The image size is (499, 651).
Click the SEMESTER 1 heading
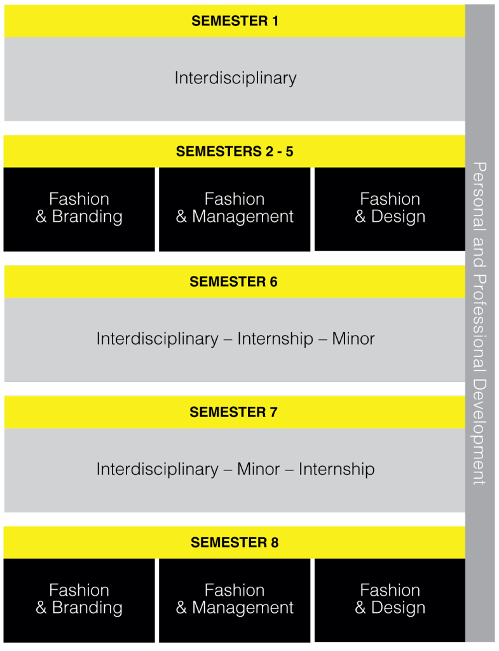click(x=235, y=21)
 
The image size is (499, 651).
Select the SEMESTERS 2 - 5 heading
click(x=235, y=151)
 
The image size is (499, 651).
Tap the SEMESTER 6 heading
click(x=233, y=282)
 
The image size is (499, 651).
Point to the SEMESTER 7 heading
click(x=233, y=412)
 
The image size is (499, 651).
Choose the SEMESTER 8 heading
click(x=235, y=542)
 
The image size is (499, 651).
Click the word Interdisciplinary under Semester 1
click(x=235, y=78)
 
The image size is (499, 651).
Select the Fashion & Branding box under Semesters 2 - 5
click(x=79, y=209)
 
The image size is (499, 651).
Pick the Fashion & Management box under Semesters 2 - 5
click(x=235, y=209)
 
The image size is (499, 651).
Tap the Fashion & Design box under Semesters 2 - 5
click(x=390, y=209)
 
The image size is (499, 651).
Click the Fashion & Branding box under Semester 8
click(x=79, y=600)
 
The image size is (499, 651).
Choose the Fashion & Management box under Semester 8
click(x=235, y=600)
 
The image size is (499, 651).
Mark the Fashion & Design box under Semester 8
click(x=390, y=600)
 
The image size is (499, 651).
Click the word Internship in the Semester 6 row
click(x=275, y=339)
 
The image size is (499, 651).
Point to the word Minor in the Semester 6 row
click(x=353, y=339)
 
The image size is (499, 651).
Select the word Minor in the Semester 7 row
click(x=258, y=469)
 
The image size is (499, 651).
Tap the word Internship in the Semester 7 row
click(x=337, y=469)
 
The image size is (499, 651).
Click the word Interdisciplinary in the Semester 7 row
click(x=158, y=469)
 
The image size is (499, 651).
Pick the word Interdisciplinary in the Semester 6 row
click(x=158, y=339)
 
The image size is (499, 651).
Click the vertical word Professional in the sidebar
click(x=479, y=322)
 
